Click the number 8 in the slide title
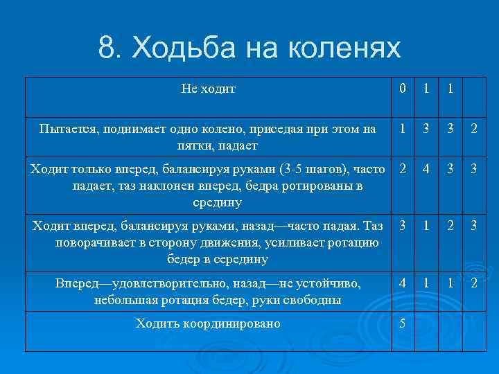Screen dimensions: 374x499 click(x=107, y=47)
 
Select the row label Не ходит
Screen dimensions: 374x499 click(x=208, y=89)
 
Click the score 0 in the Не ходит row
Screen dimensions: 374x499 click(x=402, y=89)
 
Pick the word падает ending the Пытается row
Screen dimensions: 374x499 click(x=240, y=145)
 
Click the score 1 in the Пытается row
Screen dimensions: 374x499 click(x=402, y=129)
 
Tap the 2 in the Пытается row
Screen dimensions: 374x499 click(x=473, y=129)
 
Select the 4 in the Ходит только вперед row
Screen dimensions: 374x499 click(x=427, y=170)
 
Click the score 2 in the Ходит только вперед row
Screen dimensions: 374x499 click(x=402, y=170)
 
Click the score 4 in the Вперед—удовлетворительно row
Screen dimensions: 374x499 click(x=402, y=283)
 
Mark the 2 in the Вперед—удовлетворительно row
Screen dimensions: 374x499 click(x=473, y=283)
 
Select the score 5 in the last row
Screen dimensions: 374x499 click(x=402, y=323)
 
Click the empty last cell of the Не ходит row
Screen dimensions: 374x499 click(x=473, y=89)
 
